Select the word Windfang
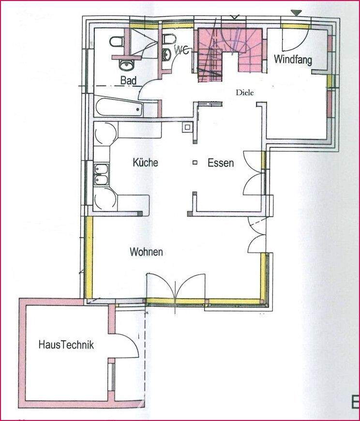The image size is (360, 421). coord(292,60)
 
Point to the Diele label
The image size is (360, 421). coord(245,92)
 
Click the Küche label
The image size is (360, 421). coord(145,163)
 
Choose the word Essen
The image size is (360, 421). coord(221,163)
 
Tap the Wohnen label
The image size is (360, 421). coord(146,252)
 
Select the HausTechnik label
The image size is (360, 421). coord(66,346)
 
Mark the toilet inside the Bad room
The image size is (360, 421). coord(116,43)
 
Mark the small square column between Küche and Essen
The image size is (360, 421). coord(195,163)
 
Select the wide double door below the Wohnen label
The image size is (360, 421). coord(177,288)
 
